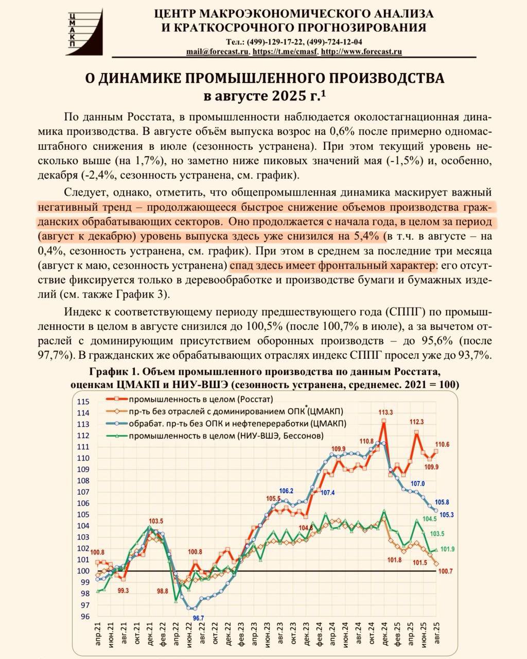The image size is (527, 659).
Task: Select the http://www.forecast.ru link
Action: pyautogui.click(x=361, y=51)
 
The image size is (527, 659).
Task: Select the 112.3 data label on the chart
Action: pyautogui.click(x=416, y=422)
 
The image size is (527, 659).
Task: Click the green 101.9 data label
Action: pyautogui.click(x=447, y=549)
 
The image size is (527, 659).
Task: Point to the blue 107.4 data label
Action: pyautogui.click(x=327, y=493)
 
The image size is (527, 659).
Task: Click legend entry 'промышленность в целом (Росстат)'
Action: pyautogui.click(x=201, y=399)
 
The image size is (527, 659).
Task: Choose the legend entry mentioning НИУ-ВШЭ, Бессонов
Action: pyautogui.click(x=226, y=436)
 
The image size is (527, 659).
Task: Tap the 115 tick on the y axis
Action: pyautogui.click(x=83, y=402)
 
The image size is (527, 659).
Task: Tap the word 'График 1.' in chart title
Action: pyautogui.click(x=113, y=372)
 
